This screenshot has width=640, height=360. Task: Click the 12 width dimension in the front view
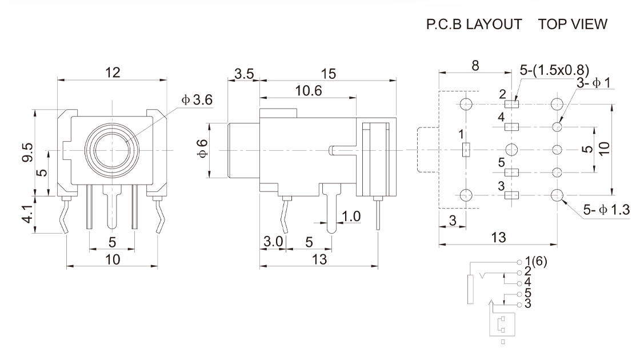(113, 73)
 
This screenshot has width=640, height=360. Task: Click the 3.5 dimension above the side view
(244, 73)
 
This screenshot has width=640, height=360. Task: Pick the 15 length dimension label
(328, 73)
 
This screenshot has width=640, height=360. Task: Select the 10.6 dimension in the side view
(308, 90)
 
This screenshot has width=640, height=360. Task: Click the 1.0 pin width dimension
(351, 216)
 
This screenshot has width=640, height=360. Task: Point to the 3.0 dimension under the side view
(273, 242)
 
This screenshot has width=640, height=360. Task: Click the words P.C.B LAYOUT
(474, 24)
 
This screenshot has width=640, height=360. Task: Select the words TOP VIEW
(573, 24)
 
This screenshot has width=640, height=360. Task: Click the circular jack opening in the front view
(113, 150)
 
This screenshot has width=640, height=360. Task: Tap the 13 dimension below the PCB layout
(498, 238)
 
